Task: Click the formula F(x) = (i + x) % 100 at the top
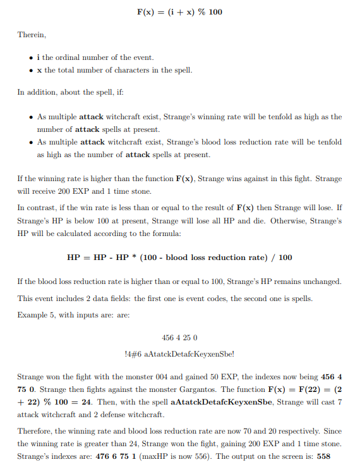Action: [179, 12]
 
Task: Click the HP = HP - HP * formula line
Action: [179, 258]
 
